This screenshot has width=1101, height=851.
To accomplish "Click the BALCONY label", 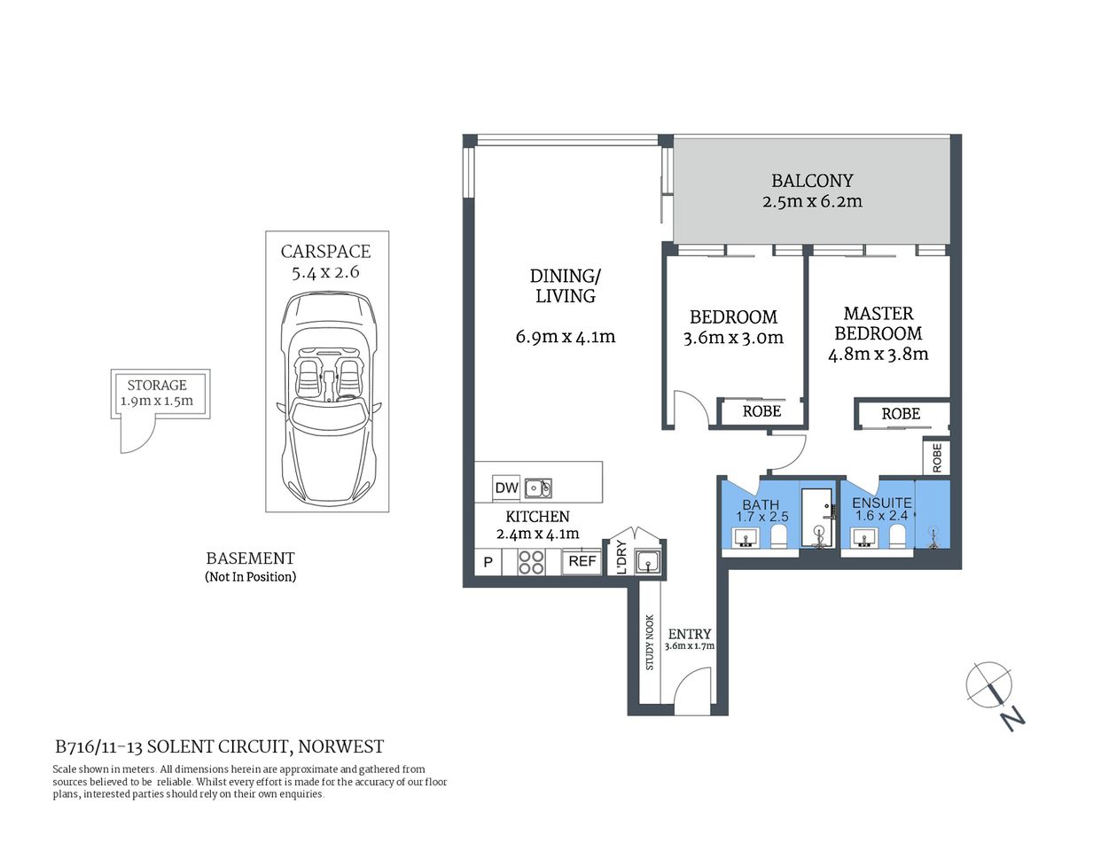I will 811,181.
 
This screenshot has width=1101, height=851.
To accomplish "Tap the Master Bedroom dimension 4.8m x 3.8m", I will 878,355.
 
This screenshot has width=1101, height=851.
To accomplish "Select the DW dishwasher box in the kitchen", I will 506,488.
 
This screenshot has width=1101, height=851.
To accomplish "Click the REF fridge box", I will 582,561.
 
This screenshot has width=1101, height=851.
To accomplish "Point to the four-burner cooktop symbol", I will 531,562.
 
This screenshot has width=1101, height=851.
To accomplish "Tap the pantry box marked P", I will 487,562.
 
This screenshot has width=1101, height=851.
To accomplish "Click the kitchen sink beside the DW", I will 537,488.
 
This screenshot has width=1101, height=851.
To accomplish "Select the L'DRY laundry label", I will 621,558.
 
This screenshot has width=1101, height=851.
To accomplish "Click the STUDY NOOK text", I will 649,643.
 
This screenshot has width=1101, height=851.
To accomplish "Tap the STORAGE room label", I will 157,385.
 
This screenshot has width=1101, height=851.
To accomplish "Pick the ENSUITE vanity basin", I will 863,537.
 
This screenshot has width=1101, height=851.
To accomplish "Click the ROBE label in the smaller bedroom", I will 761,411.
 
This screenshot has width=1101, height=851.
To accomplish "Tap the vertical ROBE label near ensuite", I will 937,457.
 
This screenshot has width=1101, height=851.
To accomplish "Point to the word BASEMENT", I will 250,558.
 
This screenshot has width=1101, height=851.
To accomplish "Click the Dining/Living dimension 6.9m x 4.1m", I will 565,337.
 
